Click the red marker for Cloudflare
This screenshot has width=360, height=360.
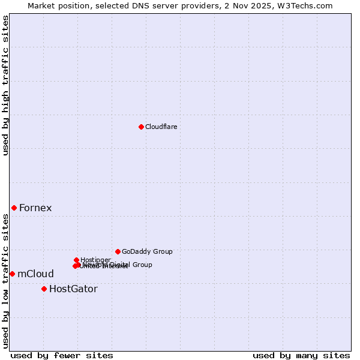point(141,127)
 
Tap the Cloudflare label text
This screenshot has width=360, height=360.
point(161,127)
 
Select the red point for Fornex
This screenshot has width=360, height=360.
point(14,208)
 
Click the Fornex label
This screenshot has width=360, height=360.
point(35,208)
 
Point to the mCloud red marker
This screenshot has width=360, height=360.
point(12,274)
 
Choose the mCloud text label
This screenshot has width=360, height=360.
point(35,274)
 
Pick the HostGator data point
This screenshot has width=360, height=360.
point(44,289)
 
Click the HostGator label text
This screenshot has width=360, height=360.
point(73,289)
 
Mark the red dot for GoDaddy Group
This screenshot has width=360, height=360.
point(118,251)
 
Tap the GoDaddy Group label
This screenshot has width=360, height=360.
point(147,252)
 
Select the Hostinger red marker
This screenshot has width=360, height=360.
point(76,260)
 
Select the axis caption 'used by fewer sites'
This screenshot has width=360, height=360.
point(62,355)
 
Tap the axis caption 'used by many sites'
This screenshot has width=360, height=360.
point(301,355)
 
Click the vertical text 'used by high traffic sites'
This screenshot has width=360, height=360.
point(5,85)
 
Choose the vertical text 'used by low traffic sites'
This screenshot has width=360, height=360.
point(5,280)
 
